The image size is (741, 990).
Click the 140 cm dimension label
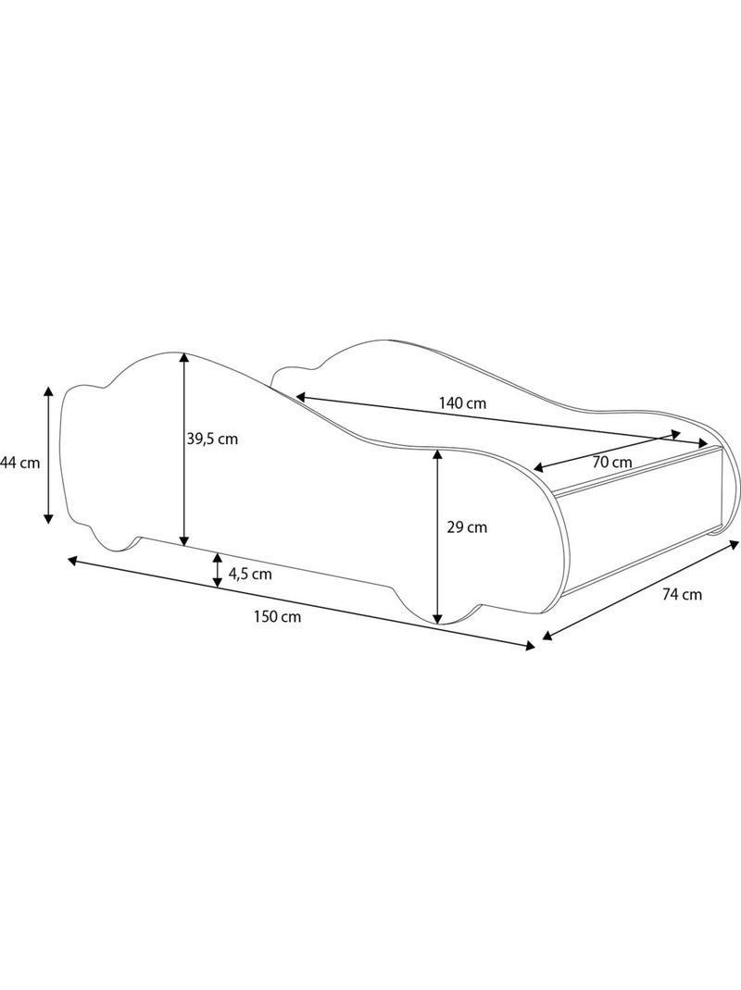pos(462,402)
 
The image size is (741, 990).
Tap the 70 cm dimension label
pos(612,462)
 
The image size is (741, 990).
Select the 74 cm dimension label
pos(683,594)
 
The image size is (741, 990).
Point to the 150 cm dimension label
pos(278,617)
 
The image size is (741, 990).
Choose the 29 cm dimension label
pos(467,527)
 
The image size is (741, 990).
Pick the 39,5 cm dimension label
pos(212,439)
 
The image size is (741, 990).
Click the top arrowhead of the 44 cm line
pos(48,391)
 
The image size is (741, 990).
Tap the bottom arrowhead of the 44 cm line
pos(48,518)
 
